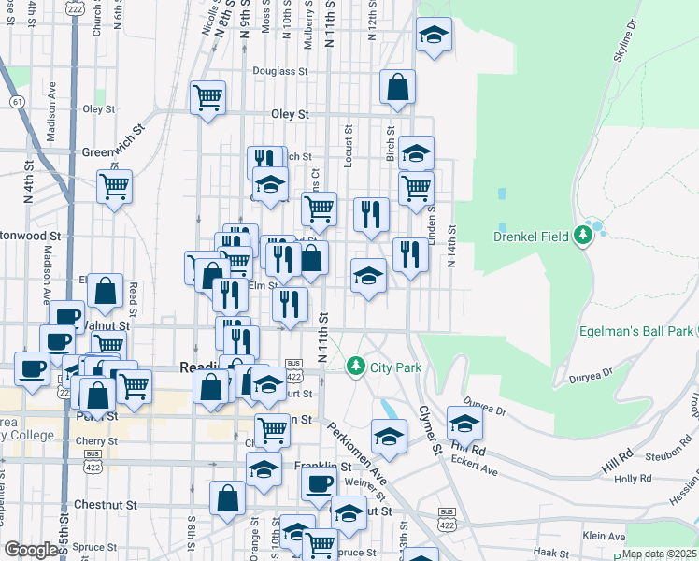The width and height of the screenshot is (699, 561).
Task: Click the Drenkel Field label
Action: [531, 237]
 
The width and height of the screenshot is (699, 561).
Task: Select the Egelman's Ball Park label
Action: [636, 331]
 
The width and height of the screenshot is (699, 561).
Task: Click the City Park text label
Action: [395, 367]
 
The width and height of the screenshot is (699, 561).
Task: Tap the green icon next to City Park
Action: [355, 366]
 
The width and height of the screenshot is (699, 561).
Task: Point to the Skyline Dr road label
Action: [625, 40]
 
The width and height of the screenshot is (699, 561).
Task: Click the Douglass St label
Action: [279, 71]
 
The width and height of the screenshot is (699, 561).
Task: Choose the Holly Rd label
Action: [633, 479]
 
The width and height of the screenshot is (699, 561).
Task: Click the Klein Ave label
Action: [603, 536]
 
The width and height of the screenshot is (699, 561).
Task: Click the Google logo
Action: [31, 550]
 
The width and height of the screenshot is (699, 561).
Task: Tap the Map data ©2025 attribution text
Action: [660, 554]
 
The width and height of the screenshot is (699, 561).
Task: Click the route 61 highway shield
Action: [17, 100]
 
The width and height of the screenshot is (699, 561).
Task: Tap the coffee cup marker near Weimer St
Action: [319, 484]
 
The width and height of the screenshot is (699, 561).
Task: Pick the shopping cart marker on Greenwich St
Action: [114, 186]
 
